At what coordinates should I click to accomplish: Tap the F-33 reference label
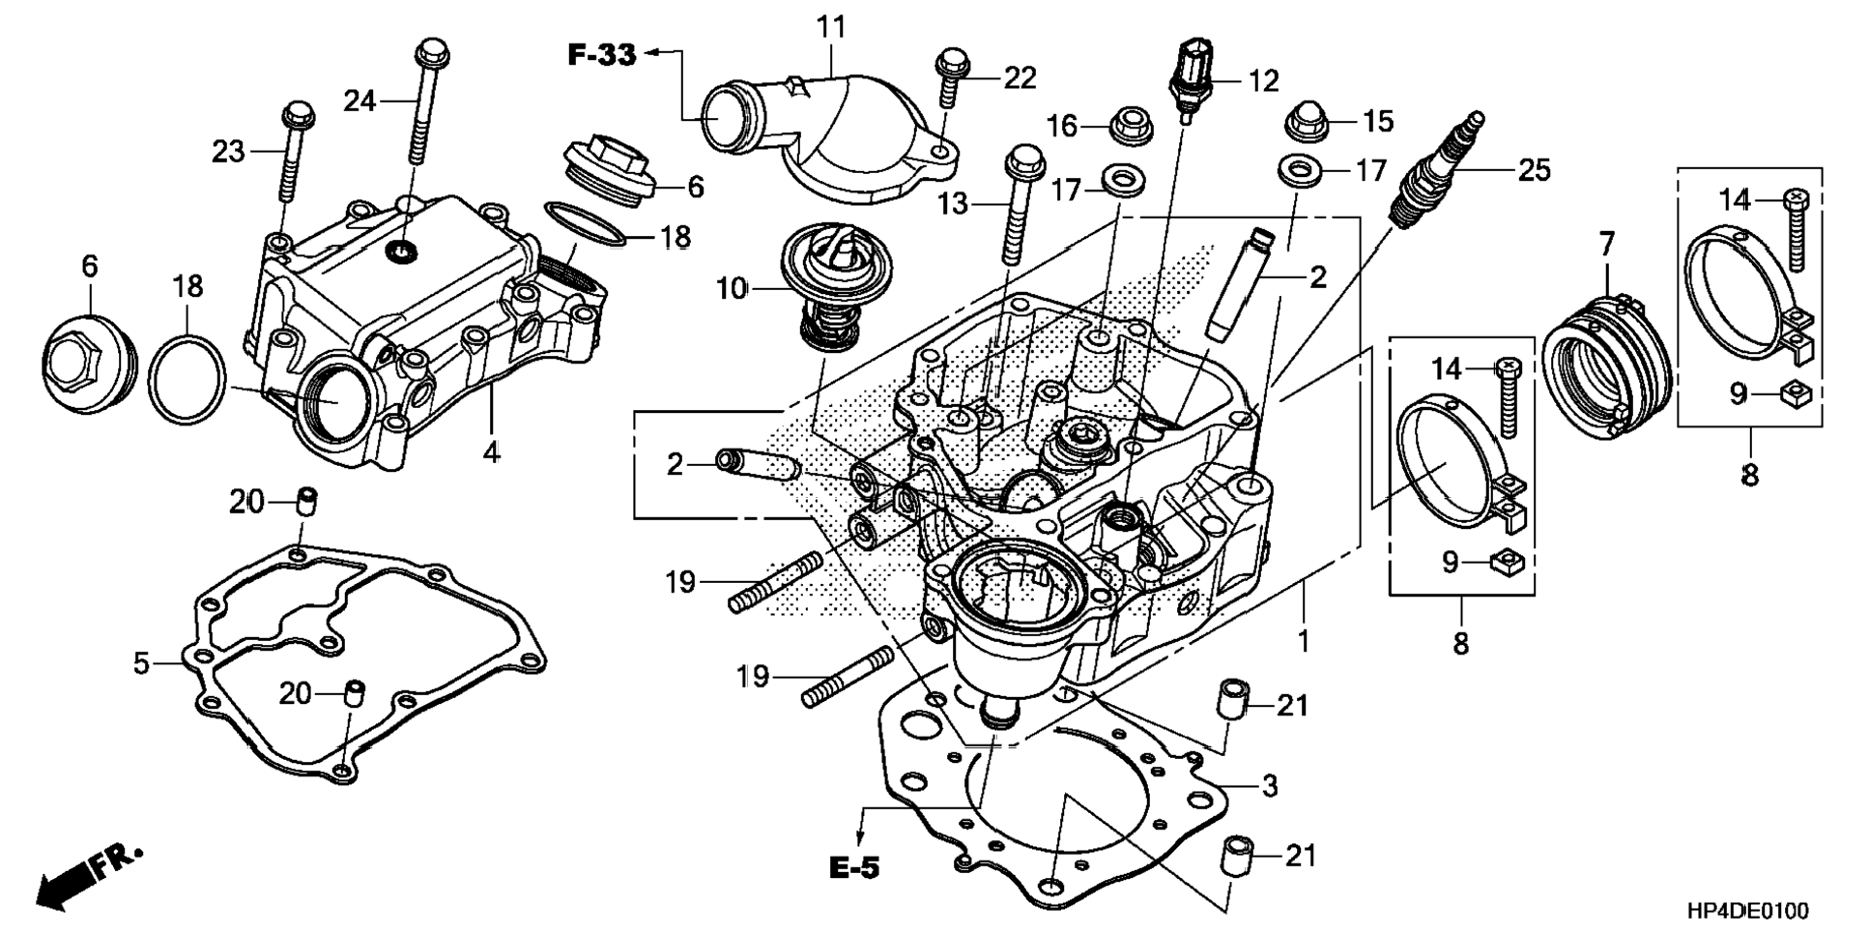pos(601,55)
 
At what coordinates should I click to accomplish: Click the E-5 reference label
pos(854,867)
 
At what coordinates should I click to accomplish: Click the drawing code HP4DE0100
pos(1747,910)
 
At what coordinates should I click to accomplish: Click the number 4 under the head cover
pos(492,452)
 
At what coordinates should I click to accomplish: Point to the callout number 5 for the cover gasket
pos(141,663)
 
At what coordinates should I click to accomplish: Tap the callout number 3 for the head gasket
pos(1270,785)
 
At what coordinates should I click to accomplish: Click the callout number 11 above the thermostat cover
pos(830,27)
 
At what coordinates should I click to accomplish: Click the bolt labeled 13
pos(1021,204)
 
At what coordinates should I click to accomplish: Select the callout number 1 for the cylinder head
pos(1303,640)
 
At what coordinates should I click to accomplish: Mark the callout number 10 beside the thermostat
pos(732,288)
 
